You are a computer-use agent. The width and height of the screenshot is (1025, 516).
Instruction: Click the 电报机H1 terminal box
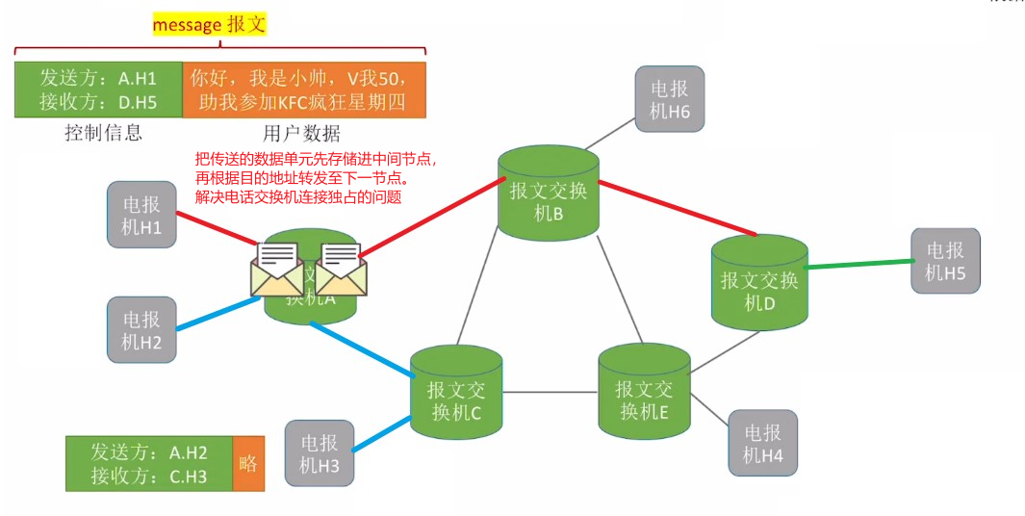click(141, 214)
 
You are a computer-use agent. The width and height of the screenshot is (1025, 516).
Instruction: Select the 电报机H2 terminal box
click(141, 329)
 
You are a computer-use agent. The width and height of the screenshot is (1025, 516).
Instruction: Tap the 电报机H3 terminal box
click(320, 454)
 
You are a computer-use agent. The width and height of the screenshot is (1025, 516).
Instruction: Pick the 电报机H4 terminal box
click(763, 443)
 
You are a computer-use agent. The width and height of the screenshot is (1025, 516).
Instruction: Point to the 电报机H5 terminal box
click(945, 262)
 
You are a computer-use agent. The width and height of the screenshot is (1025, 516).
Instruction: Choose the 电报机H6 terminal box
click(670, 99)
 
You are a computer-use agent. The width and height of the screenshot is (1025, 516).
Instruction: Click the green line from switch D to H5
click(859, 264)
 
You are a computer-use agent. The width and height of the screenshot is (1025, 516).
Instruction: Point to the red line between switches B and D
click(675, 206)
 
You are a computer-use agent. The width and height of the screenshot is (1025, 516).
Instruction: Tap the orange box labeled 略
click(248, 463)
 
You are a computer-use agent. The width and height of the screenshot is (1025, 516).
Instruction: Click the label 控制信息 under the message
click(104, 134)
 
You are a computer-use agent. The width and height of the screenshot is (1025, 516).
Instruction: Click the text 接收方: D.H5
click(98, 101)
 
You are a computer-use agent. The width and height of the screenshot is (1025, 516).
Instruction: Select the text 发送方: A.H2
click(148, 451)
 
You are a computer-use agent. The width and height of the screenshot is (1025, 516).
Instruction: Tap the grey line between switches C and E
click(550, 392)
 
